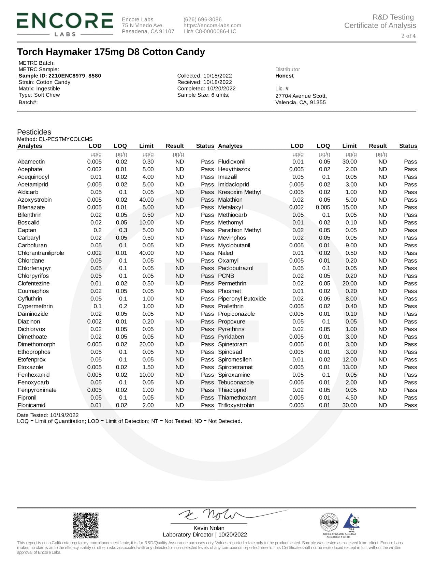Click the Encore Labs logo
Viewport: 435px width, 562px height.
click(65, 24)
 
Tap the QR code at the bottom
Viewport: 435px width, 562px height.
click(85, 525)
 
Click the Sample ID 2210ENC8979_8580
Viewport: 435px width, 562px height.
click(60, 76)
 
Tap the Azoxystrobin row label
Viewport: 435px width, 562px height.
click(34, 200)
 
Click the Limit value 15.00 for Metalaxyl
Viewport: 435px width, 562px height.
click(349, 207)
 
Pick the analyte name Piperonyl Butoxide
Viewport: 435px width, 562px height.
click(242, 299)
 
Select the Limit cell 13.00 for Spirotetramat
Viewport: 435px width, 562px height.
click(349, 367)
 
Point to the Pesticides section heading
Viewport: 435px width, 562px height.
click(34, 132)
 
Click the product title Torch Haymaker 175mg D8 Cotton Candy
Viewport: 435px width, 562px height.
click(111, 52)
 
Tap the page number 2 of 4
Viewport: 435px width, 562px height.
click(408, 36)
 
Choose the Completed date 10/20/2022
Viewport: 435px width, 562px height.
click(206, 89)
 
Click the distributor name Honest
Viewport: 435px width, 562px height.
click(284, 76)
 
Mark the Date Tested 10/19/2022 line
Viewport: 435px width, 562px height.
click(48, 415)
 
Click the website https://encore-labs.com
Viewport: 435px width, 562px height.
click(212, 26)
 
